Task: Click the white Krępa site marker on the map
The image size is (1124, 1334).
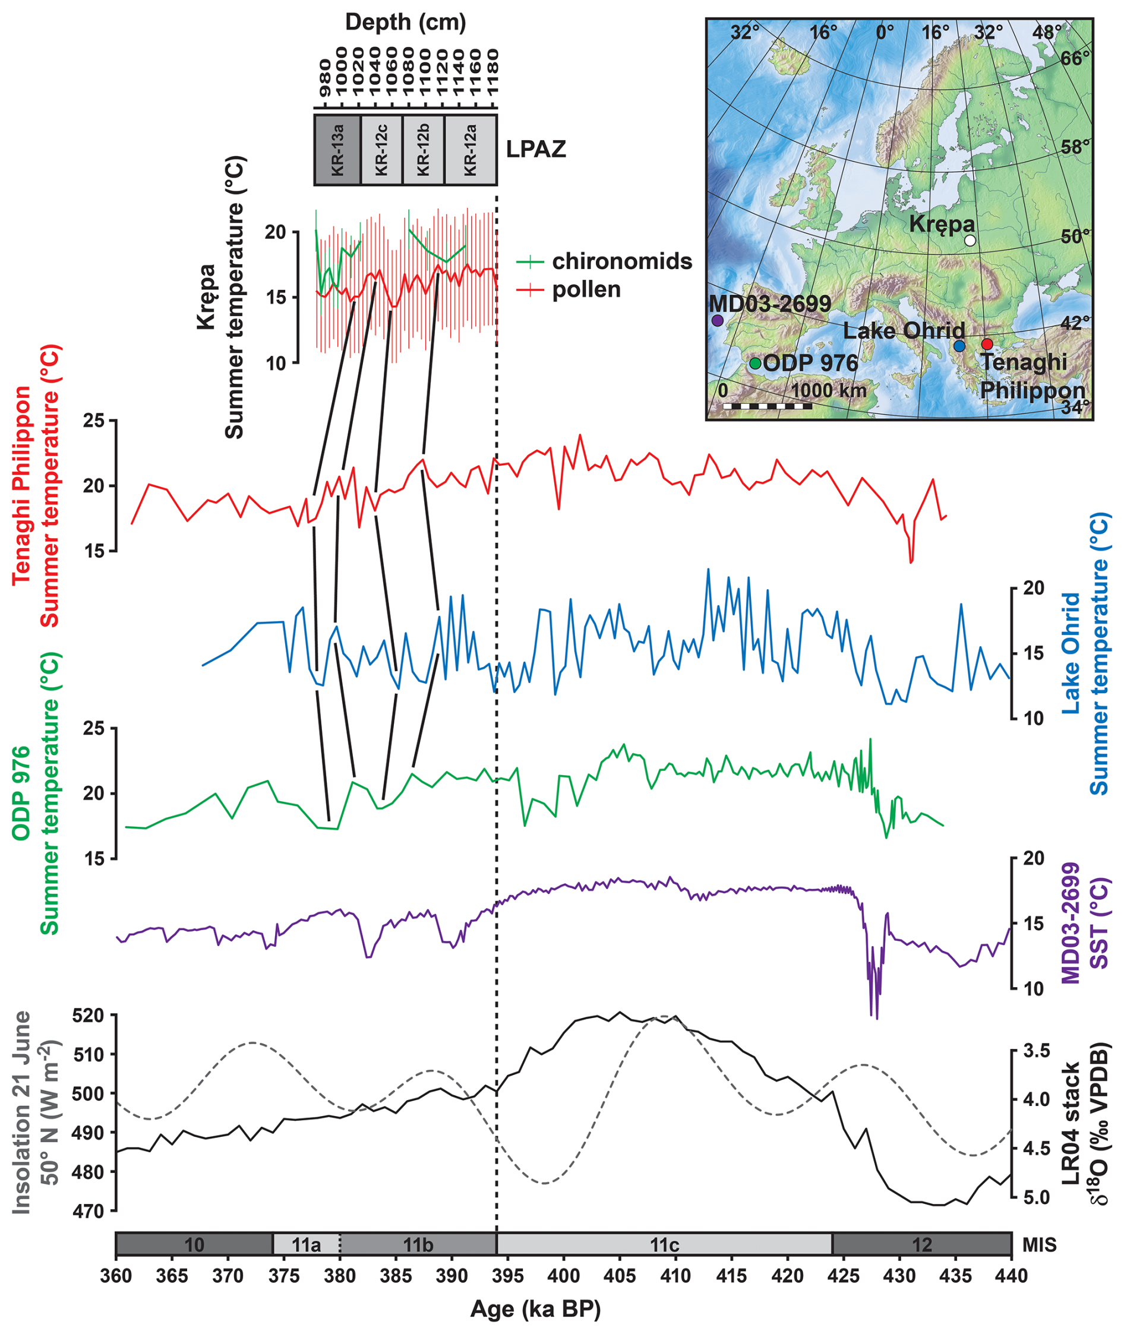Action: (970, 240)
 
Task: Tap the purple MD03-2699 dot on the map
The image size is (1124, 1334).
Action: (718, 321)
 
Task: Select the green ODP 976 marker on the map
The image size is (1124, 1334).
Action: (755, 363)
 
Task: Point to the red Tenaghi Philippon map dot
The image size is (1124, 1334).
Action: (987, 344)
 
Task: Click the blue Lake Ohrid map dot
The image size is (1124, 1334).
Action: (959, 346)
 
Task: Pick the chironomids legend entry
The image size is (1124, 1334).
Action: (604, 261)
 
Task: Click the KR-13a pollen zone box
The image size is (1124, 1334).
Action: (337, 150)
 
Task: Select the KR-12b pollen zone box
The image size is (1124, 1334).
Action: (423, 150)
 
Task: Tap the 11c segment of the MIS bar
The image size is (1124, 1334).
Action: (664, 1244)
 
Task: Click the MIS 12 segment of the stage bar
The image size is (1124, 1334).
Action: (921, 1244)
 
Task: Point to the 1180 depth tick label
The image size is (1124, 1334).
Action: (492, 71)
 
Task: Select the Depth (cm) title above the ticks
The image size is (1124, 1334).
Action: (406, 23)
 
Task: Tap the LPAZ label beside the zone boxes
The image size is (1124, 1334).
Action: (536, 150)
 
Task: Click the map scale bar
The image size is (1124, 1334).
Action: (767, 405)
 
